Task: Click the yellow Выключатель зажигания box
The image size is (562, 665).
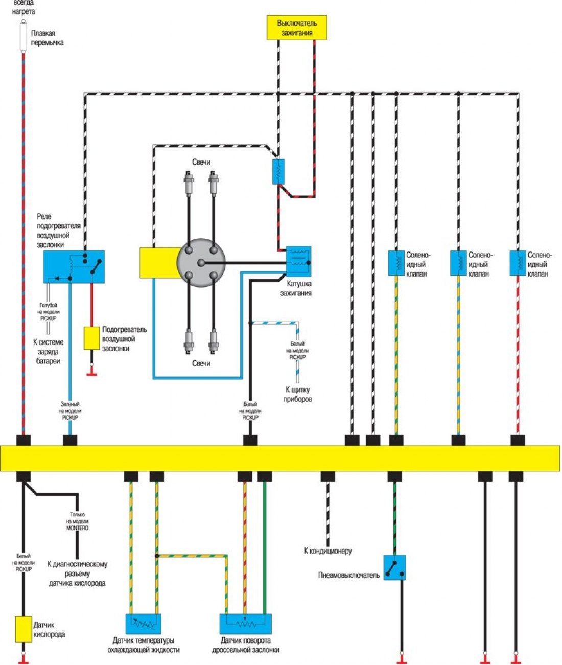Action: tap(297, 28)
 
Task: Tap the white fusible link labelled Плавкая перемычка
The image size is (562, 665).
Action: tap(24, 36)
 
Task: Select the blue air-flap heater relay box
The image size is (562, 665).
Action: tap(74, 267)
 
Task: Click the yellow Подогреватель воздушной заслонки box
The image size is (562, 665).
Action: tap(91, 338)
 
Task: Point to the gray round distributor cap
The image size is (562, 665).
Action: tap(201, 263)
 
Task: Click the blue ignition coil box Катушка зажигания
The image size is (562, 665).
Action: tap(298, 262)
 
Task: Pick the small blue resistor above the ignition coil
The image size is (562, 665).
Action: tap(278, 171)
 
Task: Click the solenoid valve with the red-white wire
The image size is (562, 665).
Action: tap(518, 263)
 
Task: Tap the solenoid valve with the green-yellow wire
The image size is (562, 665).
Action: tap(396, 263)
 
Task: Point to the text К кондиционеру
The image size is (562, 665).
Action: tap(327, 551)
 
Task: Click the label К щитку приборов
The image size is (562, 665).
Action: tap(298, 395)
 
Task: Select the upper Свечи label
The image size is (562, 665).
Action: tap(201, 162)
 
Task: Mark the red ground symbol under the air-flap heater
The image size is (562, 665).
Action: tap(91, 374)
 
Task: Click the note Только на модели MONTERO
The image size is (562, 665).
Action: tap(77, 521)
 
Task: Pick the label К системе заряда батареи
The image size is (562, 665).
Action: tap(48, 352)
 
